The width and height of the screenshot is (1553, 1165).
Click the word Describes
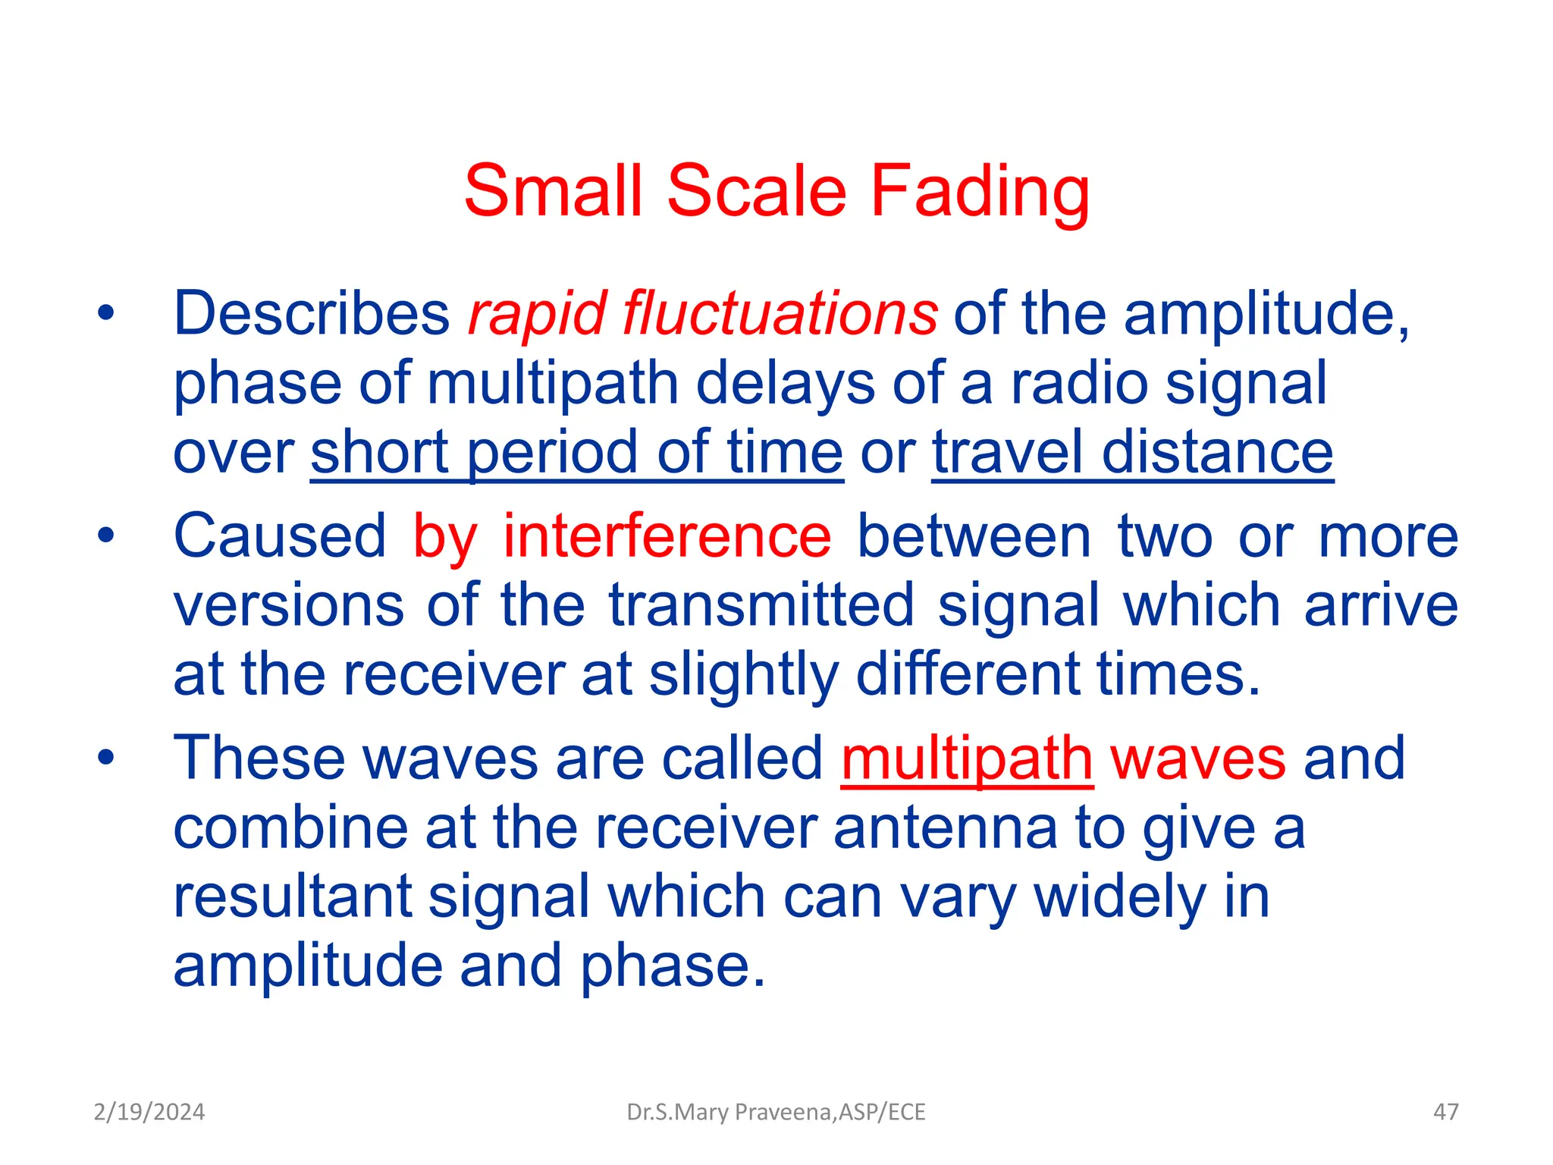click(312, 313)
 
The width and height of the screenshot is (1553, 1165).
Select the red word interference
click(667, 536)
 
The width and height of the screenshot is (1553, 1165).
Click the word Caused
click(280, 536)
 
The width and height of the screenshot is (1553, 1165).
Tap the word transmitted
click(761, 605)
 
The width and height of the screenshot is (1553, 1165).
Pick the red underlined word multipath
click(967, 758)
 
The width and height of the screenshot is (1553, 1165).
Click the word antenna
click(945, 827)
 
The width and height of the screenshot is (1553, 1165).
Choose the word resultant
click(292, 897)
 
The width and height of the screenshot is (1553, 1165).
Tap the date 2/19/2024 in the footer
click(149, 1112)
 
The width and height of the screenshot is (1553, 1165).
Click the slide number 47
click(1445, 1112)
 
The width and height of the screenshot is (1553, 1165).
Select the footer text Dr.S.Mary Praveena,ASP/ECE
click(776, 1112)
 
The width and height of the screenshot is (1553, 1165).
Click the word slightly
click(743, 674)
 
